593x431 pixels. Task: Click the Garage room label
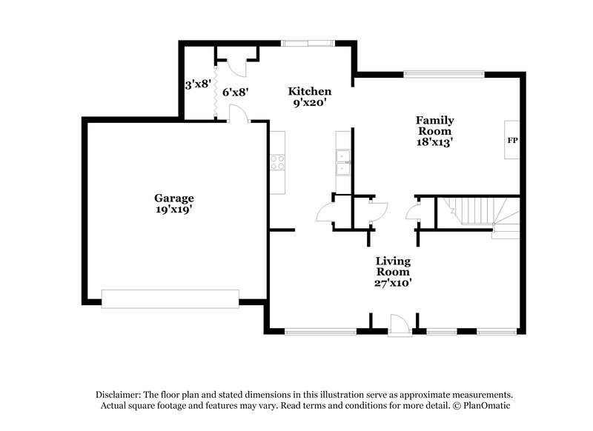click(174, 198)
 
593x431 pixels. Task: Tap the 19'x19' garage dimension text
click(174, 210)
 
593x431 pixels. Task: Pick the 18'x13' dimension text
click(434, 141)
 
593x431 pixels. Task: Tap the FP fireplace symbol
click(511, 140)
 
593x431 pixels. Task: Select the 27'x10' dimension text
click(393, 282)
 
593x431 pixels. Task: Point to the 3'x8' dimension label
click(199, 84)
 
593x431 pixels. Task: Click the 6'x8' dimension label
click(235, 93)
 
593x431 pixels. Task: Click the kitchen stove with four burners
click(278, 162)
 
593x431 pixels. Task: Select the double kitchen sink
click(342, 162)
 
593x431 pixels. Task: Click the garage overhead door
click(170, 298)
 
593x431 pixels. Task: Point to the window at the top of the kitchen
click(306, 44)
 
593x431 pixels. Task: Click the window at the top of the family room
click(443, 73)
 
